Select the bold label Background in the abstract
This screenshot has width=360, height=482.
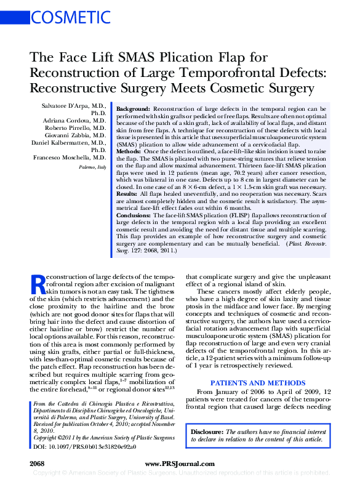[x=132, y=108]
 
